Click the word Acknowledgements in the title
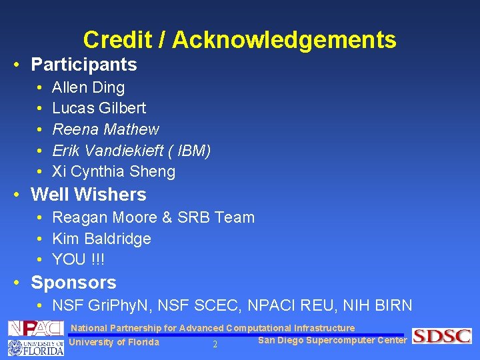[285, 40]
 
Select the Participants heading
[84, 65]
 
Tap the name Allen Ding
[88, 87]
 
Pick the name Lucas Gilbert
[99, 108]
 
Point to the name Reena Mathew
[105, 129]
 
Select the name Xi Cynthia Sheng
[113, 172]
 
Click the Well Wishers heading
[89, 195]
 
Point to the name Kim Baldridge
[101, 239]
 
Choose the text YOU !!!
[78, 259]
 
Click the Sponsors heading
[73, 283]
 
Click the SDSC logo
[441, 336]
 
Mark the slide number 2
[215, 345]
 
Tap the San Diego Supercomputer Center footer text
[332, 341]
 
